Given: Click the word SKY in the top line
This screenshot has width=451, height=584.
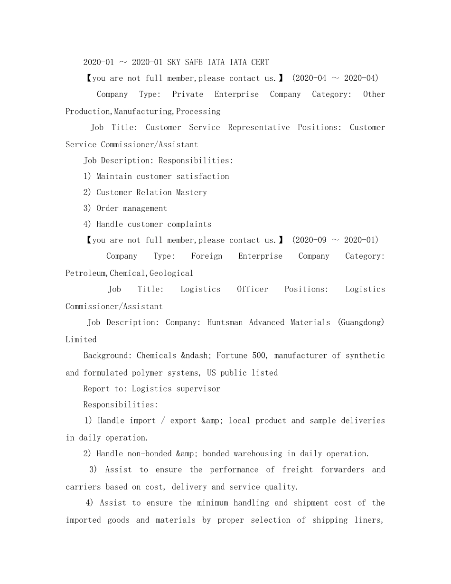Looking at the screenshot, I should click(x=174, y=62).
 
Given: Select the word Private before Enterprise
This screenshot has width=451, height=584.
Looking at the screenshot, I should click(x=188, y=94).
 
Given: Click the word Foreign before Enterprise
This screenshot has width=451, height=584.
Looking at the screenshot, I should click(x=207, y=256).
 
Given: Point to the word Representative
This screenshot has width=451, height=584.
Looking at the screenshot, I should click(x=259, y=127).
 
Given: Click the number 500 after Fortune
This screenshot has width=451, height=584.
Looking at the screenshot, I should click(x=259, y=356).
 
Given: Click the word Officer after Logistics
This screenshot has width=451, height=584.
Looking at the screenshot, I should click(x=253, y=289).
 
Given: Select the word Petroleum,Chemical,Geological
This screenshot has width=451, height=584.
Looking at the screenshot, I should click(x=130, y=273).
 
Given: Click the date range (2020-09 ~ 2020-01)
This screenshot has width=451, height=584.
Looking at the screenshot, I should click(x=335, y=240).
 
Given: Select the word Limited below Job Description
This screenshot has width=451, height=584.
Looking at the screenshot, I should click(x=81, y=339).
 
